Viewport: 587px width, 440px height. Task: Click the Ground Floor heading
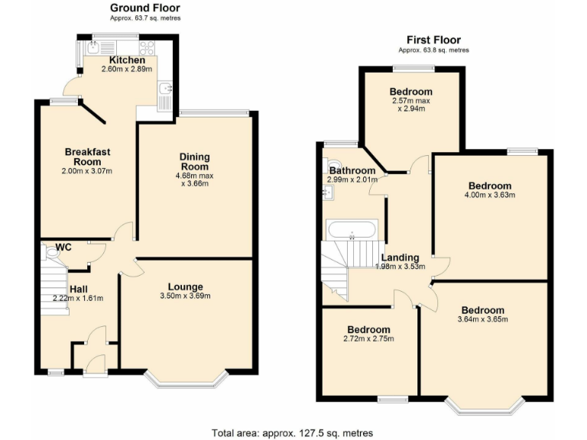(x=144, y=8)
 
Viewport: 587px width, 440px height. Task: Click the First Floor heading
(x=433, y=40)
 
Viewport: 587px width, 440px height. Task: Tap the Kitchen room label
(x=127, y=60)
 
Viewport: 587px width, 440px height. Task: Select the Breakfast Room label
(x=87, y=157)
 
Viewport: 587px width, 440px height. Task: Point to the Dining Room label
(x=194, y=162)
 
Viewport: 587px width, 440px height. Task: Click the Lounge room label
(x=185, y=286)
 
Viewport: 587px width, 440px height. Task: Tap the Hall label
(x=79, y=289)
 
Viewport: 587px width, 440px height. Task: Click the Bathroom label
(x=352, y=170)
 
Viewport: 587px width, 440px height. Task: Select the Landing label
(x=400, y=257)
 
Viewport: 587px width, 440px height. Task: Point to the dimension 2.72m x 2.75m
(x=368, y=338)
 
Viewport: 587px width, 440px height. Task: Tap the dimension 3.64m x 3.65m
(x=482, y=319)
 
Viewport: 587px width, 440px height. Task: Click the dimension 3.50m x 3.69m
(x=185, y=296)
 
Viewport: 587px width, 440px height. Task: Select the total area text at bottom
(x=293, y=432)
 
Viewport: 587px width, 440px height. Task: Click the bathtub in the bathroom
(x=351, y=228)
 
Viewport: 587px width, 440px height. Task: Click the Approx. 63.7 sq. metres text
(x=144, y=17)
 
